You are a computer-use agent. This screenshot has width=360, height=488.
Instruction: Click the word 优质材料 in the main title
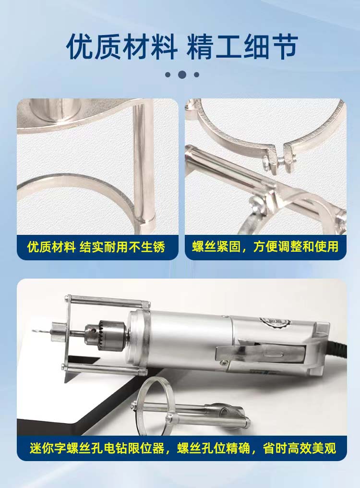121,47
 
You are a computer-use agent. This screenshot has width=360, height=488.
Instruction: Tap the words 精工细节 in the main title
242,47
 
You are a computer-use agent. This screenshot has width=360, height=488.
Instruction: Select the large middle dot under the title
182,75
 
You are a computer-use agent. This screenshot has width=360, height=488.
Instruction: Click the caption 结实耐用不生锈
122,247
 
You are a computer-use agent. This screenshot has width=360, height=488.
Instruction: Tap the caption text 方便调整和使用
296,246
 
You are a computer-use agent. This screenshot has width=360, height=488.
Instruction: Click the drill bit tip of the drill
33,330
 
